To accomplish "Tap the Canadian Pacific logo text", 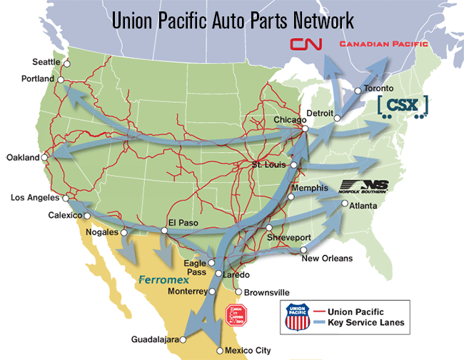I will click(x=384, y=44).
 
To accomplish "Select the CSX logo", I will click(x=403, y=106).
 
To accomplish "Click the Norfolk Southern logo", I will click(x=365, y=186).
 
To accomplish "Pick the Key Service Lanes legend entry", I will click(x=365, y=323).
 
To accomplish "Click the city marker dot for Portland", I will click(x=62, y=79).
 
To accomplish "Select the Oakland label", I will click(x=22, y=157).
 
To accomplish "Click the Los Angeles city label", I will click(x=34, y=197).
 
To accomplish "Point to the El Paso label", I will click(x=178, y=221).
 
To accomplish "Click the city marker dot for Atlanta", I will click(x=345, y=204).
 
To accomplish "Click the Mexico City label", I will click(x=248, y=351).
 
